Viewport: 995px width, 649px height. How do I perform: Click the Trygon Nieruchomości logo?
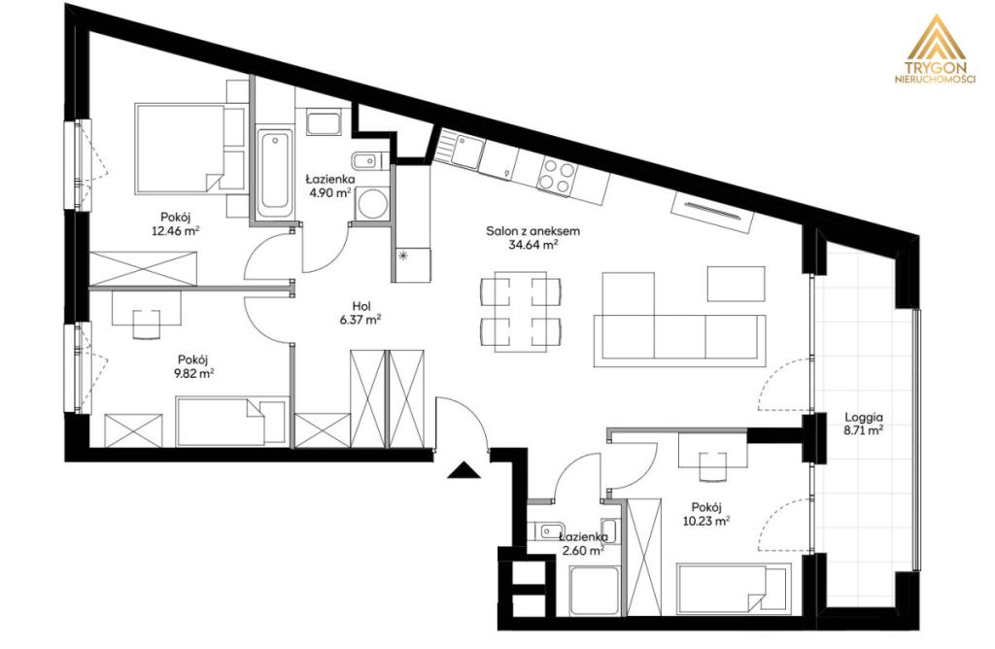934,51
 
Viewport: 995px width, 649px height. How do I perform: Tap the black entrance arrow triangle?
463,471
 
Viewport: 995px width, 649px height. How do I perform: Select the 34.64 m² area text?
533,244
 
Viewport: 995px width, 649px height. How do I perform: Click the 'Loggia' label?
864,418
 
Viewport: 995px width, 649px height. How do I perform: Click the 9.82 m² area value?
193,374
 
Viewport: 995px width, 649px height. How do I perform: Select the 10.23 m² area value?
705,522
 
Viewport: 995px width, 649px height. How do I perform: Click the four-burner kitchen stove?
557,176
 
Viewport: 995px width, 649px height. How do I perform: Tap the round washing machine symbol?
368,204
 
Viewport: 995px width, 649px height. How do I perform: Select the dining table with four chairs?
521,310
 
